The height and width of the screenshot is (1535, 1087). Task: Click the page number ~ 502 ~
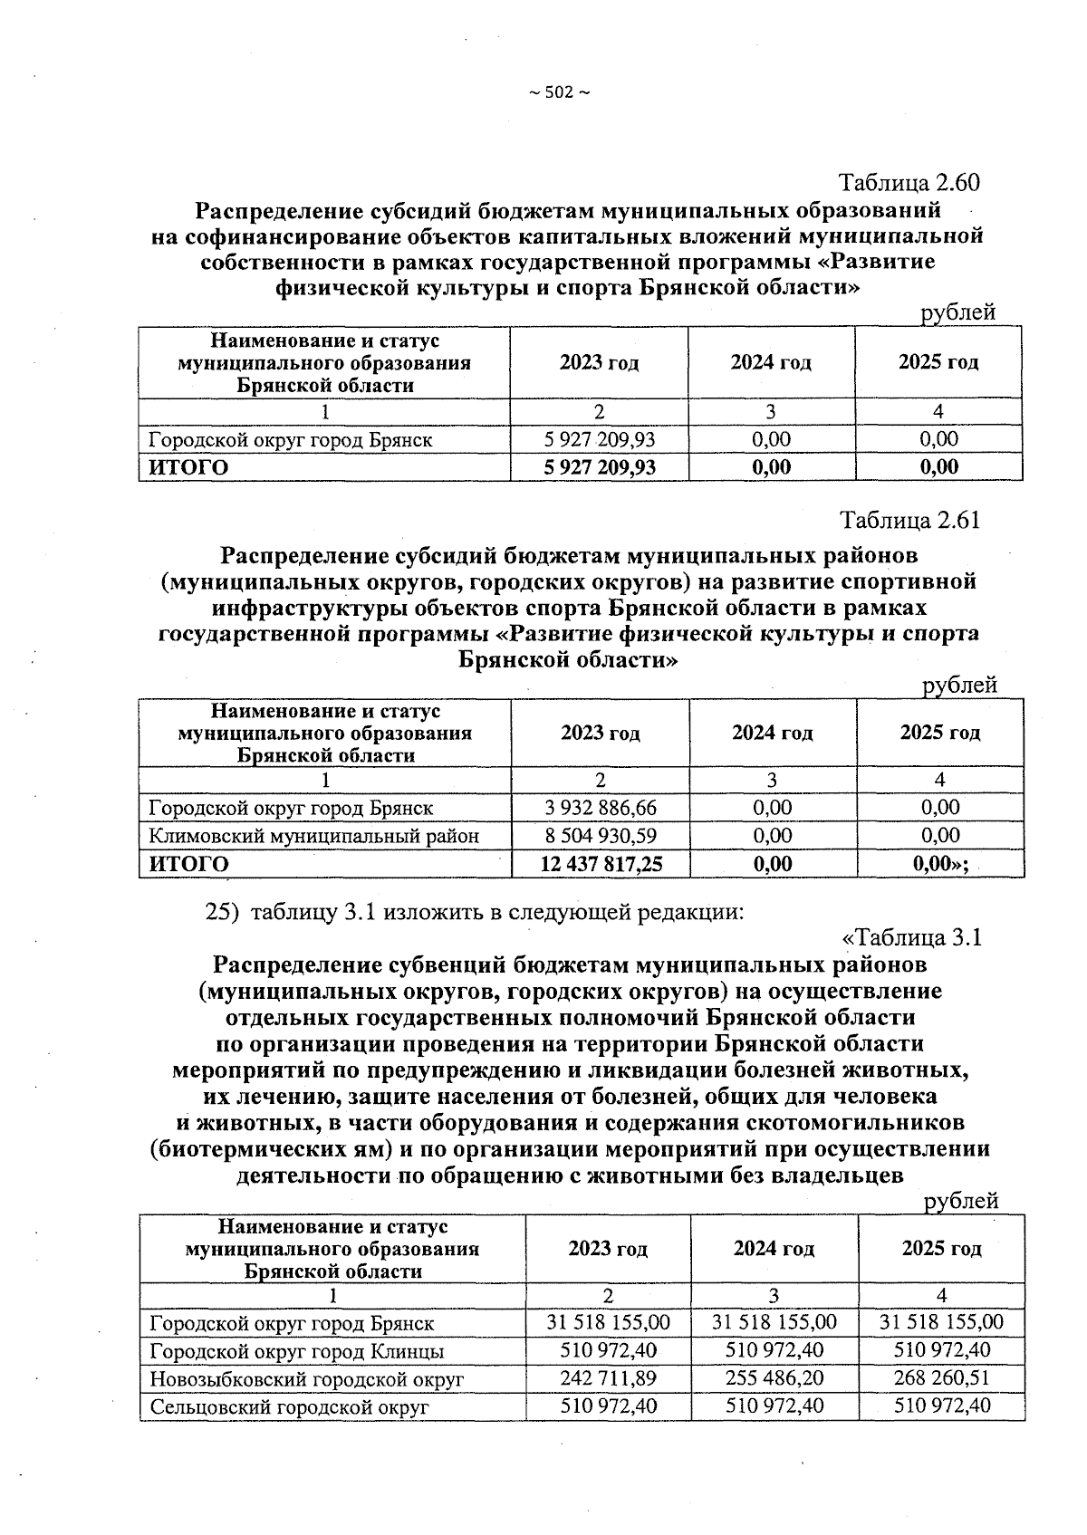pyautogui.click(x=558, y=92)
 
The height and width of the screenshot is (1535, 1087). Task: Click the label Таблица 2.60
pyautogui.click(x=909, y=182)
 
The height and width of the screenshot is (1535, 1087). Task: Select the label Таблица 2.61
pyautogui.click(x=909, y=520)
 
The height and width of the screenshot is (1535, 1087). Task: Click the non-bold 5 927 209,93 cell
pyautogui.click(x=599, y=440)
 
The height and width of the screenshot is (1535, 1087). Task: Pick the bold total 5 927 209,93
pyautogui.click(x=599, y=467)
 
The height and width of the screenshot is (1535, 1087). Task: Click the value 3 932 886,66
pyautogui.click(x=601, y=807)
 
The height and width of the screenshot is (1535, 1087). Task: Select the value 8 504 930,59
pyautogui.click(x=601, y=835)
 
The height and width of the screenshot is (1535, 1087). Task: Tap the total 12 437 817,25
pyautogui.click(x=601, y=864)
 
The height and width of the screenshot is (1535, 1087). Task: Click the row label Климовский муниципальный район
pyautogui.click(x=313, y=835)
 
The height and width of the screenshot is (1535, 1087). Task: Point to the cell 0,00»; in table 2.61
pyautogui.click(x=940, y=864)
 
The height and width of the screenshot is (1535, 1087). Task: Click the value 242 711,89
pyautogui.click(x=608, y=1378)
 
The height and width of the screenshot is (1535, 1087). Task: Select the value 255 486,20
pyautogui.click(x=774, y=1378)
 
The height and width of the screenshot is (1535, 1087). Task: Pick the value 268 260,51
pyautogui.click(x=941, y=1378)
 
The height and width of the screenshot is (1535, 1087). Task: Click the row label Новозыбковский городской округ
pyautogui.click(x=306, y=1379)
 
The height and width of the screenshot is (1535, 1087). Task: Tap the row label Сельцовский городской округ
pyautogui.click(x=288, y=1407)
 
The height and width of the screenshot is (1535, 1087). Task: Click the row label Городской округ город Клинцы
pyautogui.click(x=296, y=1351)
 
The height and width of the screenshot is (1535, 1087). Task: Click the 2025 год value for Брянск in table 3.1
pyautogui.click(x=941, y=1322)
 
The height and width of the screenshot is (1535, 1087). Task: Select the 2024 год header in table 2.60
pyautogui.click(x=771, y=363)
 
